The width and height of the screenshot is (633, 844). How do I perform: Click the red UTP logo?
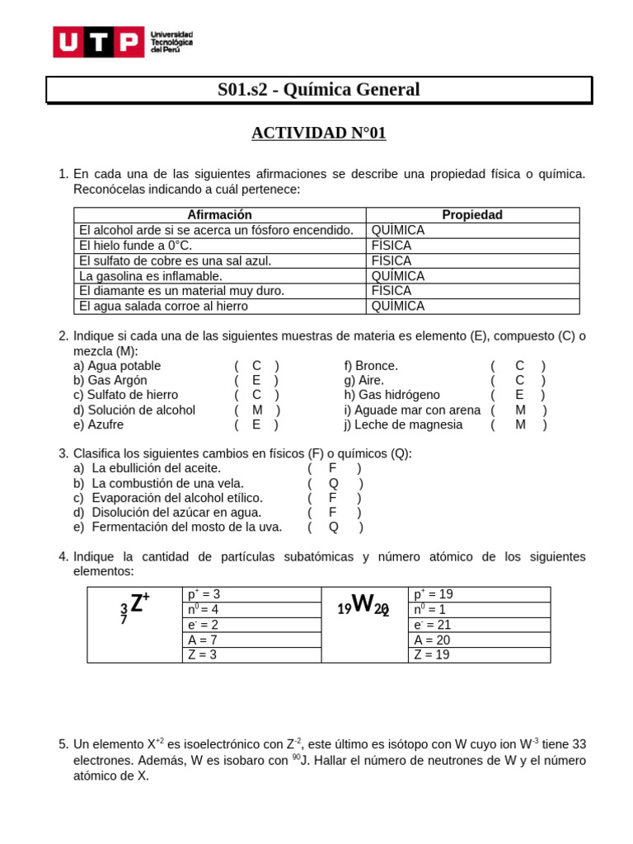tap(97, 42)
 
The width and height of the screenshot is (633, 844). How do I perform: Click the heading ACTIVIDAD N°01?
tap(318, 133)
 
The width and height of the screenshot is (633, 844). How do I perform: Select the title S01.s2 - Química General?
tap(318, 90)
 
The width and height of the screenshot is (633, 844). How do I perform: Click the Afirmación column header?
tap(219, 215)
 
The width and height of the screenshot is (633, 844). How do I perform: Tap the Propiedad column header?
tap(472, 215)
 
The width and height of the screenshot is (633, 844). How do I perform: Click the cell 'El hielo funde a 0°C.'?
tap(135, 246)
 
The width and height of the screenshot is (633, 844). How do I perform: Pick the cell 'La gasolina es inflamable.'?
tap(150, 276)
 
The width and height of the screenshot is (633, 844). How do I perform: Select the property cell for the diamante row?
tap(392, 291)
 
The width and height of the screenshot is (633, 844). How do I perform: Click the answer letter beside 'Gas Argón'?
tap(256, 381)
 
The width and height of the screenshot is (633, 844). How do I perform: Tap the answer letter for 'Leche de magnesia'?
tap(520, 425)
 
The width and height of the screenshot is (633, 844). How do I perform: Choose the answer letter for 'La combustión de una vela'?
tap(334, 484)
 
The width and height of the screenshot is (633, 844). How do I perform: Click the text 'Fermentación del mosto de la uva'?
tap(186, 527)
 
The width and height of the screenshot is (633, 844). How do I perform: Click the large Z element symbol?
tap(137, 604)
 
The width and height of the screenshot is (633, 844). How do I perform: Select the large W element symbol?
tap(363, 606)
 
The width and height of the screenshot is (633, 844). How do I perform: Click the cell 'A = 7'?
tap(203, 640)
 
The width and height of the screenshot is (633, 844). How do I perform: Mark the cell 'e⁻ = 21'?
tap(434, 625)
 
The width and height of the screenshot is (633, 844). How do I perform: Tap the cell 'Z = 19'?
tap(433, 655)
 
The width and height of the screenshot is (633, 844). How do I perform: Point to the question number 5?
tap(63, 745)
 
